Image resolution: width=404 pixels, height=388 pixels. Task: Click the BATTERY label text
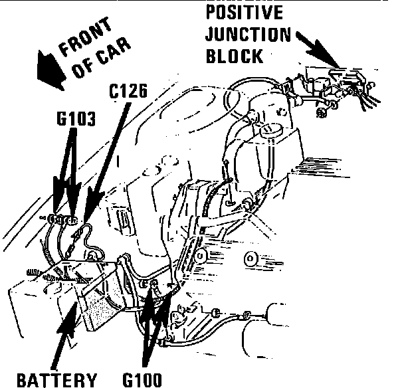tap(56, 379)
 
